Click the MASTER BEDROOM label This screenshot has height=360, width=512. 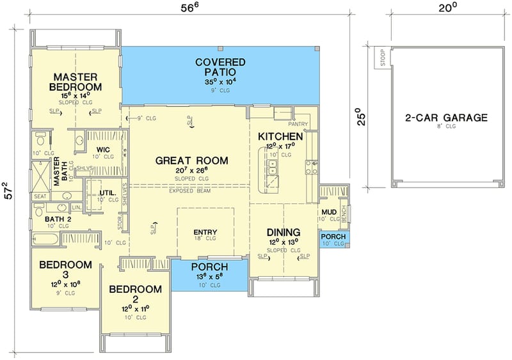pos(77,82)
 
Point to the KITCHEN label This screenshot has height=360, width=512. pos(280,137)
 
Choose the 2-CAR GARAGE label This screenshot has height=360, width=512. pos(447,118)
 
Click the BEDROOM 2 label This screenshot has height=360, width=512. pos(135,290)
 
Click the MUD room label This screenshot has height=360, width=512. pos(329,211)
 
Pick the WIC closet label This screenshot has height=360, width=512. pos(104,149)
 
